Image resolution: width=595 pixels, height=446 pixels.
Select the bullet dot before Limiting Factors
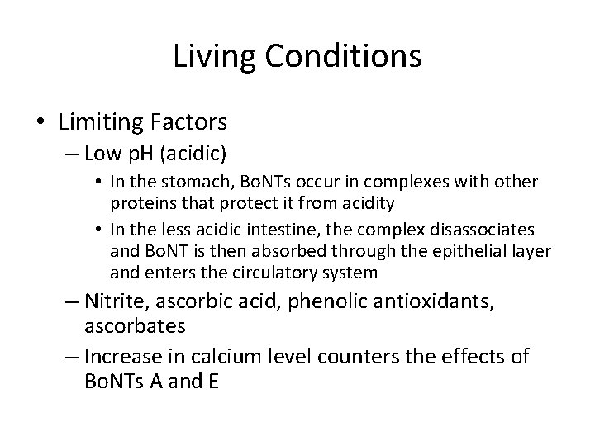click(43, 123)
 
